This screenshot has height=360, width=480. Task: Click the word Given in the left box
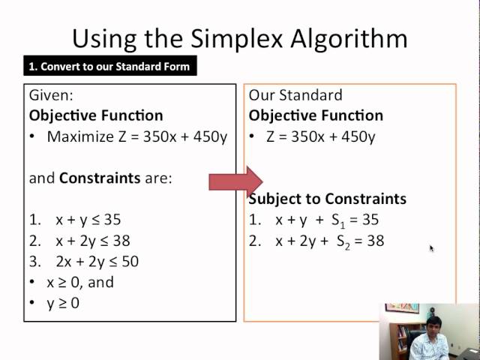pos(50,95)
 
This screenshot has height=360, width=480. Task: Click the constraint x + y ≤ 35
pos(88,220)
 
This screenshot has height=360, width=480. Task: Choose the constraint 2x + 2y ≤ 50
pos(97,262)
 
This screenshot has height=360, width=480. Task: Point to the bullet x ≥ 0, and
pos(80,283)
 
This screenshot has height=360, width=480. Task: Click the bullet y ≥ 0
pos(63,303)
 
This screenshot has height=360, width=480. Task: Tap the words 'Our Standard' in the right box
pos(295,95)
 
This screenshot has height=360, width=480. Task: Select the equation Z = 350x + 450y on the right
pos(321,136)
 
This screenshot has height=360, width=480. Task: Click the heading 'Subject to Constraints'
pos(328,199)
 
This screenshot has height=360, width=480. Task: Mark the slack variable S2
pos(342,241)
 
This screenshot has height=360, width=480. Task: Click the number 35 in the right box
pos(370,220)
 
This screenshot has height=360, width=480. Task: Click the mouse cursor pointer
pos(432,248)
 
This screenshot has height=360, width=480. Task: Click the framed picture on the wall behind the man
pos(402,307)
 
